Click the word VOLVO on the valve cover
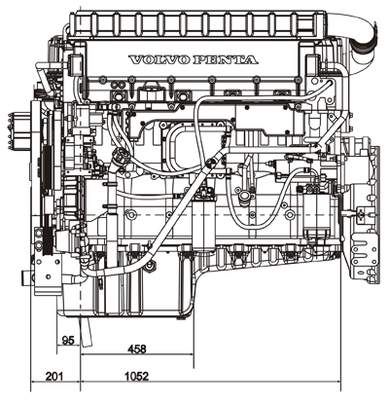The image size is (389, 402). coord(159,60)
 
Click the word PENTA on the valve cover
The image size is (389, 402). coord(226,60)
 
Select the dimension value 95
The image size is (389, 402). coord(68,341)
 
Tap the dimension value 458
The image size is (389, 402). coord(137,349)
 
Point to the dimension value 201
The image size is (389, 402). coord(54,377)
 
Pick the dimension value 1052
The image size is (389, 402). coord(136,377)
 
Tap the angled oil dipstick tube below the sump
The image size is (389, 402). coord(86,332)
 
